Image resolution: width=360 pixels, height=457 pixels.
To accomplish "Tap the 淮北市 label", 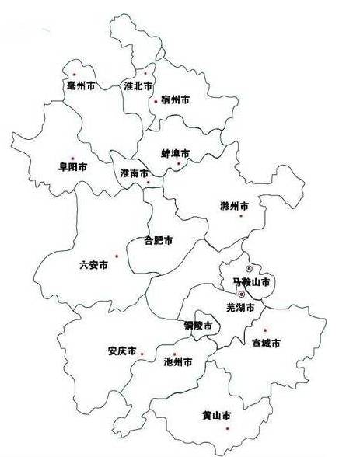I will pyautogui.click(x=138, y=86).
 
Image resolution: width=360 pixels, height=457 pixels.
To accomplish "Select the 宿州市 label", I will pyautogui.click(x=175, y=100).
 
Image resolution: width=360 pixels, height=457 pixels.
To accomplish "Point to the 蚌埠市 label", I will pyautogui.click(x=175, y=154).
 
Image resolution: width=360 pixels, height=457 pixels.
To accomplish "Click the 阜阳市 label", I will pyautogui.click(x=72, y=167).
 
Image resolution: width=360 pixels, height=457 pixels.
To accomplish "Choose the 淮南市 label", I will pyautogui.click(x=135, y=174).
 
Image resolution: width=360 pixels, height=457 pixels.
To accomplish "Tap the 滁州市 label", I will pyautogui.click(x=234, y=207).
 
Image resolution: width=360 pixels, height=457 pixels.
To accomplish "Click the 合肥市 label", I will pyautogui.click(x=159, y=240).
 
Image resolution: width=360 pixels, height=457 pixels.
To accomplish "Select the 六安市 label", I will pyautogui.click(x=93, y=265).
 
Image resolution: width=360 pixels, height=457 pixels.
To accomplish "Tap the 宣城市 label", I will pyautogui.click(x=266, y=343).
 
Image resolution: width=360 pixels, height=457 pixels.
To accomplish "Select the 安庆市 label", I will pyautogui.click(x=122, y=351).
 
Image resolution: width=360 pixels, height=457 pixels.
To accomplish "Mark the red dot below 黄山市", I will pyautogui.click(x=228, y=428).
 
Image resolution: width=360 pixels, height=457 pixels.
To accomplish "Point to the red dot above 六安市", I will pyautogui.click(x=116, y=256).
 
